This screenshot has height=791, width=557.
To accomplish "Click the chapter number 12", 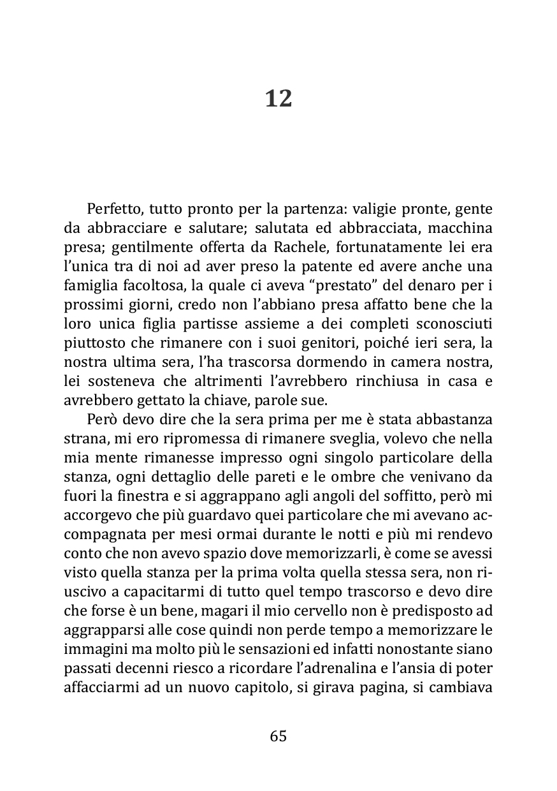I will (278, 99).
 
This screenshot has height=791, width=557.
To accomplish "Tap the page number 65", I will (278, 736).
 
